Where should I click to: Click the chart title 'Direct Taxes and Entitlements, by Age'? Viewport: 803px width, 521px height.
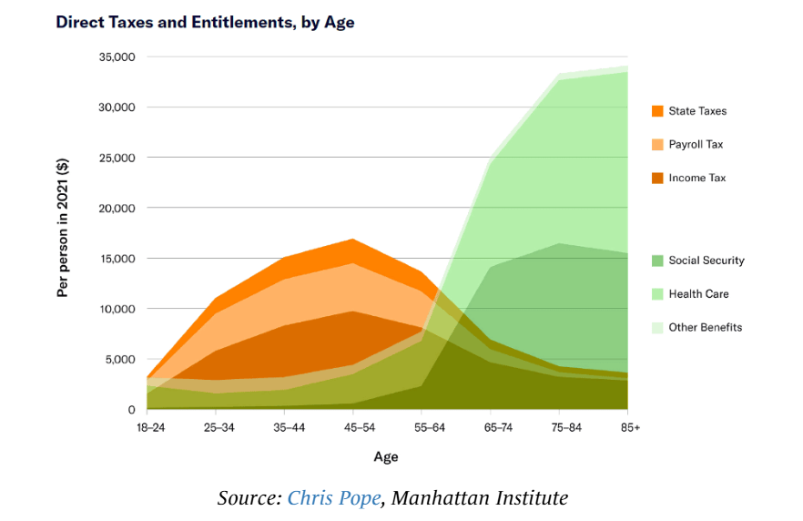[205, 22]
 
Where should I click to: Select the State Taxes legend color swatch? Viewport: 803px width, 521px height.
[656, 111]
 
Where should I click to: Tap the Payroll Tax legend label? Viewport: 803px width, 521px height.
[696, 144]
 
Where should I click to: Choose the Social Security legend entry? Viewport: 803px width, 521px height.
[706, 260]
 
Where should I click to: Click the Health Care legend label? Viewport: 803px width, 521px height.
[698, 294]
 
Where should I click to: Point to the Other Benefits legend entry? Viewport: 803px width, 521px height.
[705, 327]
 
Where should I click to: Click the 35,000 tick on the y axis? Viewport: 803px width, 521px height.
[116, 56]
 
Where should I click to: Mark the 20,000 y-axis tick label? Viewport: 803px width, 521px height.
[116, 208]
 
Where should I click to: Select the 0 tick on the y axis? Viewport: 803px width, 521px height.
[131, 410]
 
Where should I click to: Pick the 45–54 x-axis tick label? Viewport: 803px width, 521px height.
[352, 427]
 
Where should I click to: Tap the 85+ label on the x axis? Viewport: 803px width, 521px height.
[629, 427]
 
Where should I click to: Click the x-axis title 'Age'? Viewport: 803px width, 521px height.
[386, 456]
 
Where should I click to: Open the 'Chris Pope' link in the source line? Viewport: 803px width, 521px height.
[333, 498]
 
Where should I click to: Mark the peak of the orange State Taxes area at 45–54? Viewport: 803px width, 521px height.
[352, 240]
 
